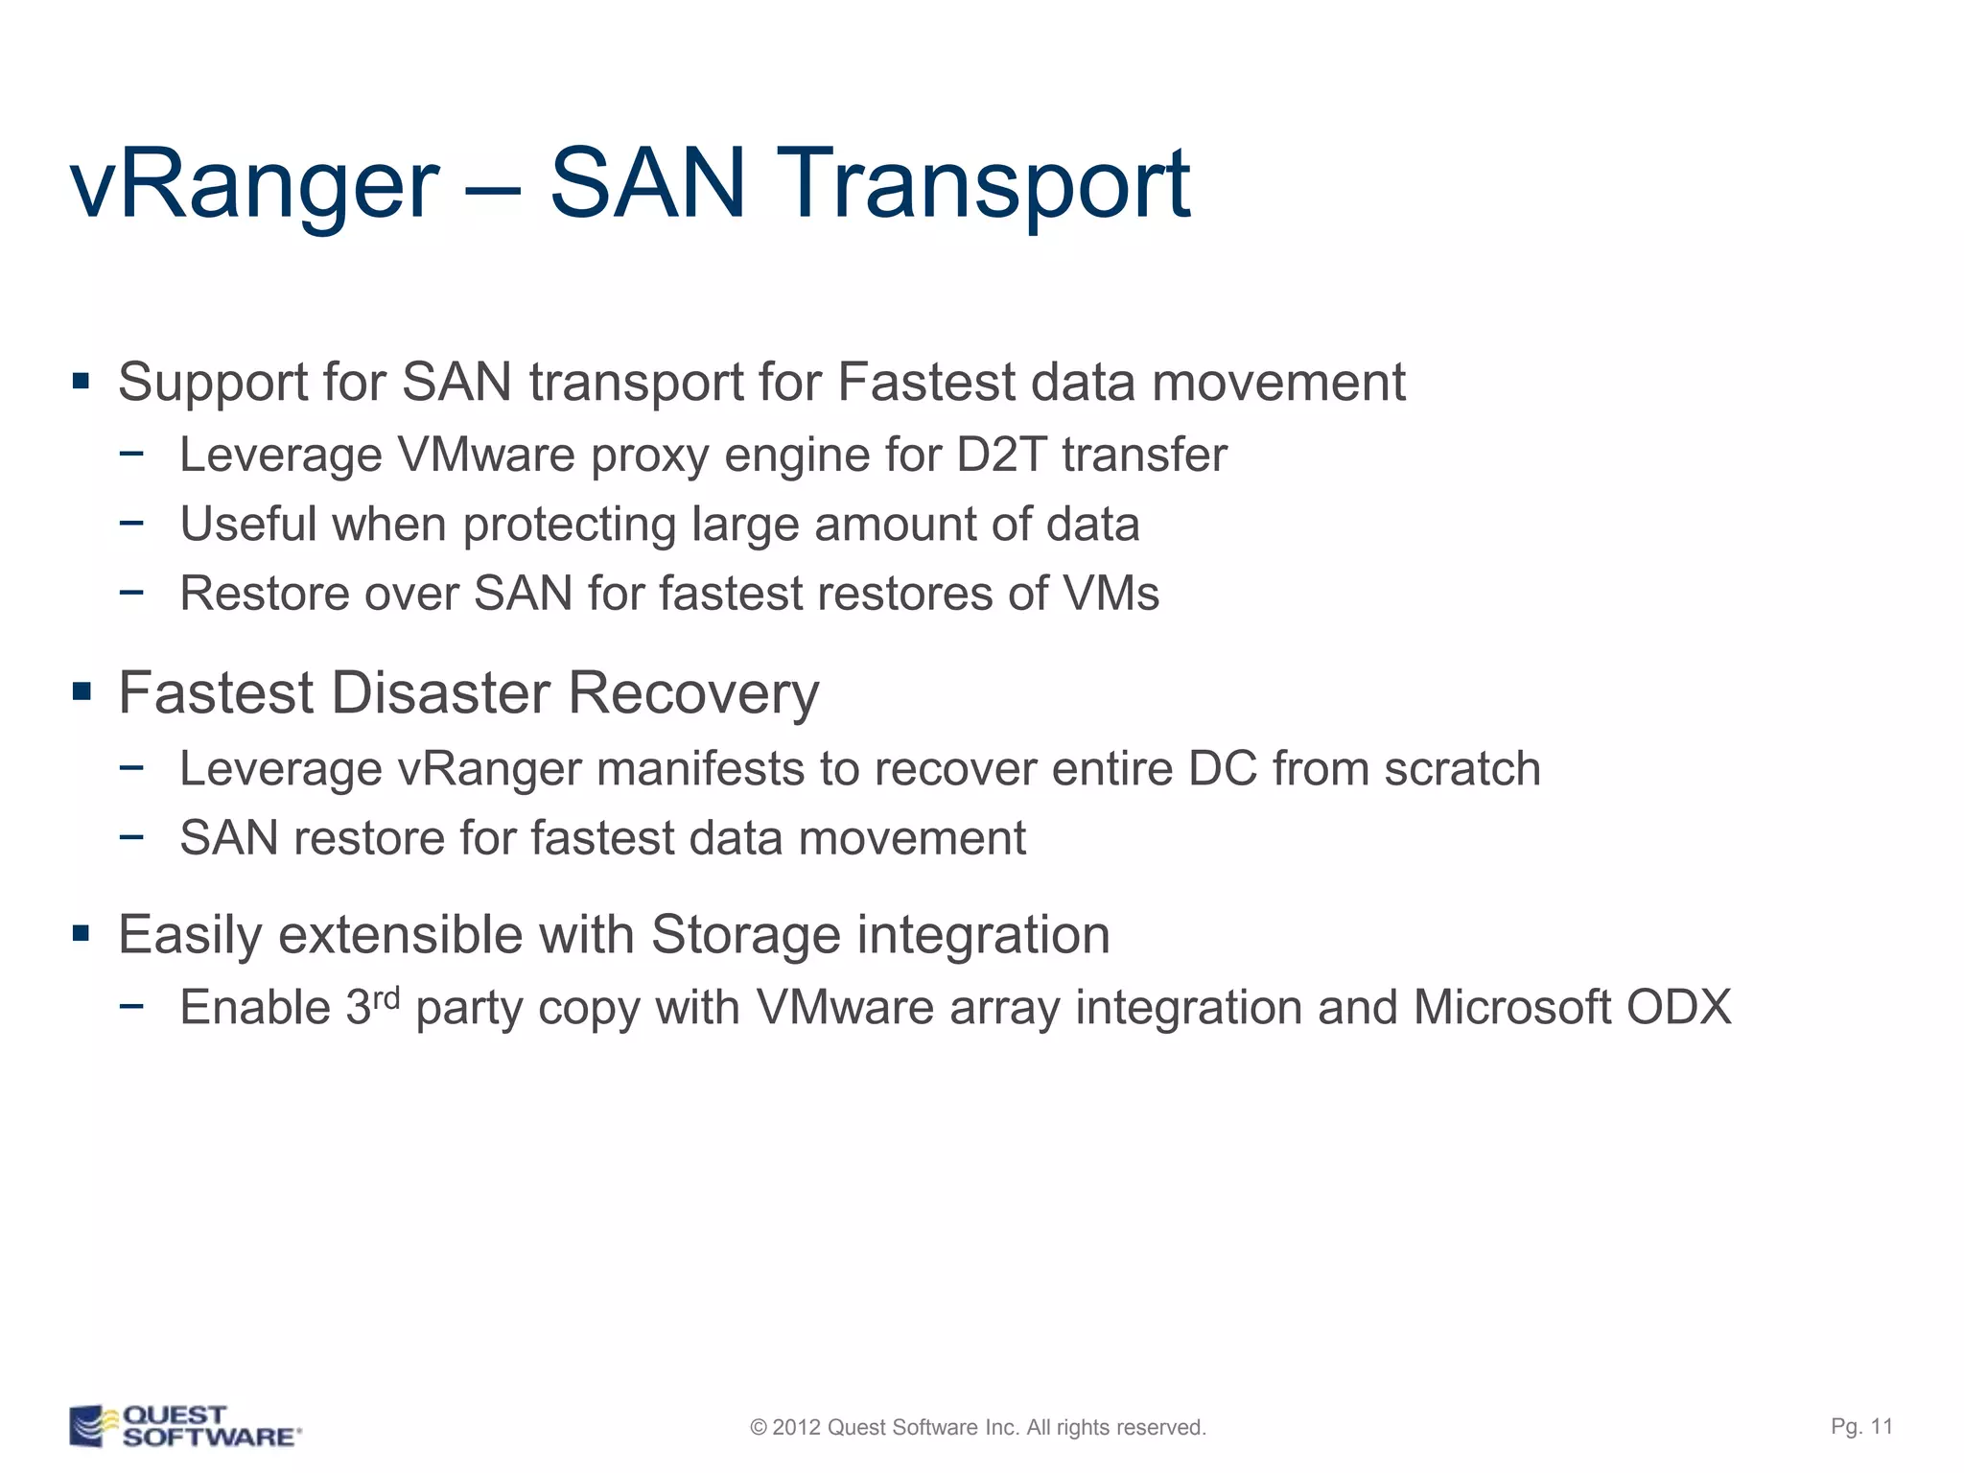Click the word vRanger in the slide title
[x=254, y=184]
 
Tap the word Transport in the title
[x=988, y=184]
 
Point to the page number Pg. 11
[x=1861, y=1426]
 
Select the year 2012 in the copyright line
[x=796, y=1427]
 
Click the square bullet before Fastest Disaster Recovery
[x=82, y=690]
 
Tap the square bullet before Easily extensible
[x=82, y=933]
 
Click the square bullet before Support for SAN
[x=82, y=382]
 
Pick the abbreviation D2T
[x=1000, y=455]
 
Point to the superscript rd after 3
[x=386, y=997]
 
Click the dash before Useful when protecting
[x=131, y=523]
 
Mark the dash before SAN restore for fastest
[x=131, y=836]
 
